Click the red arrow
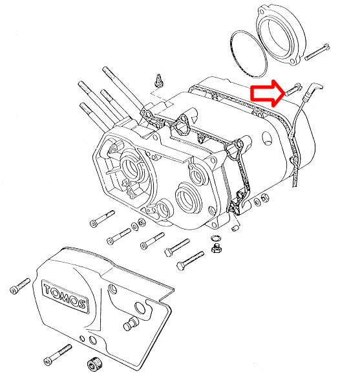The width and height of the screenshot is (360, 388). point(267,93)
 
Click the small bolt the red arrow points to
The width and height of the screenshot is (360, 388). point(293,89)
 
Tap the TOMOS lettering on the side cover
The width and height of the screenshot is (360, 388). point(65,296)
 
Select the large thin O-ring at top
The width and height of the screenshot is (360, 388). point(249,54)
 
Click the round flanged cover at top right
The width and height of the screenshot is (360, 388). point(281,35)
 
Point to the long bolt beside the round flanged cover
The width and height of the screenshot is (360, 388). point(317,52)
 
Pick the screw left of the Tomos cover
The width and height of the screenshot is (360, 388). point(20,286)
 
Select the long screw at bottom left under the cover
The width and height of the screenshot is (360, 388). point(58,354)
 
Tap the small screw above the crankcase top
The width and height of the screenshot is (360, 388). point(158,80)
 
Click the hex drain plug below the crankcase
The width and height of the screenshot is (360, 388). point(217,248)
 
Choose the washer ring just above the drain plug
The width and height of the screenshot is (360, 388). point(215,238)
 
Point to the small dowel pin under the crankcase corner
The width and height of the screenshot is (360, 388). point(236,228)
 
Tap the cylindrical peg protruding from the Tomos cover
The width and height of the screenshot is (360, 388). point(131,324)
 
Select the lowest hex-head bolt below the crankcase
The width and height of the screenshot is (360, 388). point(191,261)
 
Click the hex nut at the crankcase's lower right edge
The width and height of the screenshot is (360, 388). point(265,198)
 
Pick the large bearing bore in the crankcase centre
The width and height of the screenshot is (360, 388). point(187,197)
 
